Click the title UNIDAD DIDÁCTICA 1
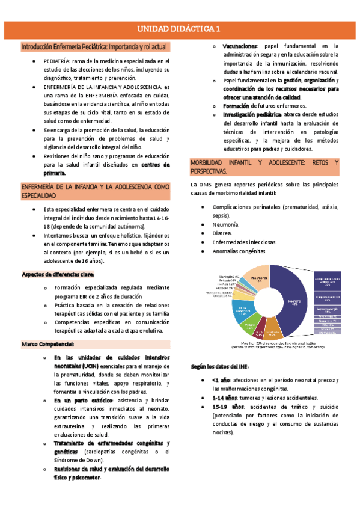[x=179, y=28]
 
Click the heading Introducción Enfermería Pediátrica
[x=94, y=46]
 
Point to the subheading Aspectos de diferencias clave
[x=57, y=274]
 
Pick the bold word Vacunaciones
[x=239, y=46]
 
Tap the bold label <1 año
[x=221, y=380]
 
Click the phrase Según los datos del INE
[x=221, y=366]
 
